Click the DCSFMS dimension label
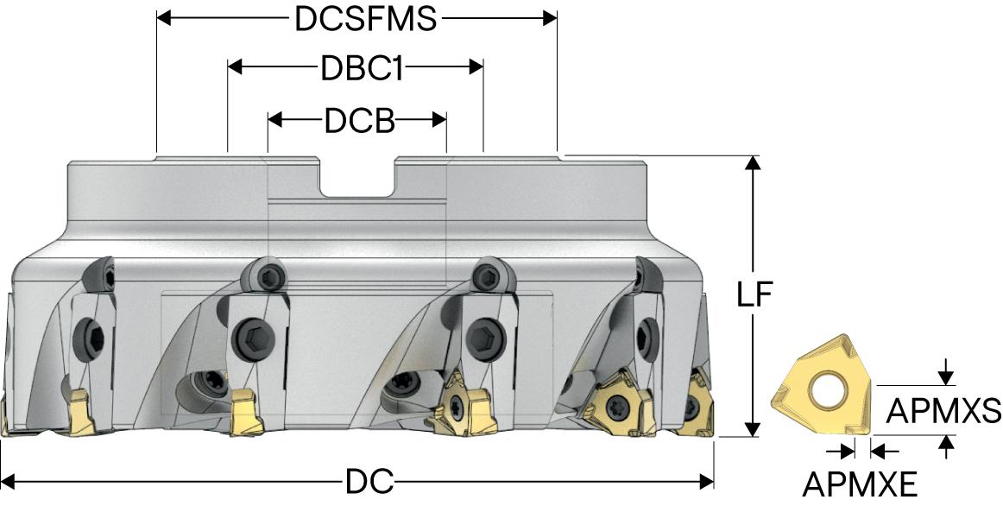(366, 18)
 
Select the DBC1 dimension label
(363, 68)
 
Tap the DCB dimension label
(359, 121)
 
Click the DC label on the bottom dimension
(370, 482)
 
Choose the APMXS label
(943, 411)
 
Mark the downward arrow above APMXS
(947, 376)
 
